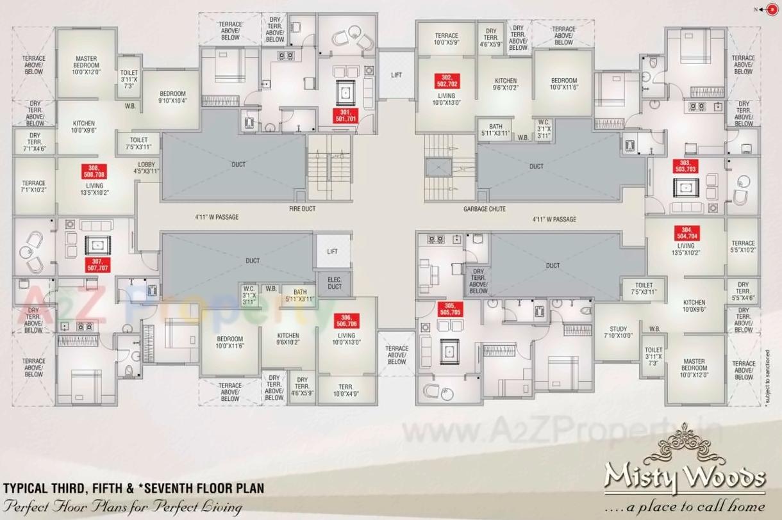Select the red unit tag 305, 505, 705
[451, 309]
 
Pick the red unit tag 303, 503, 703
[685, 167]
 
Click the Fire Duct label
[302, 209]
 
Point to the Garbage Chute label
[485, 209]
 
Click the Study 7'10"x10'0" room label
[619, 332]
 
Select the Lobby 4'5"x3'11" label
[146, 168]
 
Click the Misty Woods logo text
[685, 477]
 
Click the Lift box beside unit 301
[396, 75]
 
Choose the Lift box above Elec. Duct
[332, 252]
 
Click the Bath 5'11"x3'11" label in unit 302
[495, 130]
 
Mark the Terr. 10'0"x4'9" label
[346, 390]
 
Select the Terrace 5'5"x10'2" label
[743, 247]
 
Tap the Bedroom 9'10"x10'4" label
[172, 97]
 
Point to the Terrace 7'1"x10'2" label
[33, 186]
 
